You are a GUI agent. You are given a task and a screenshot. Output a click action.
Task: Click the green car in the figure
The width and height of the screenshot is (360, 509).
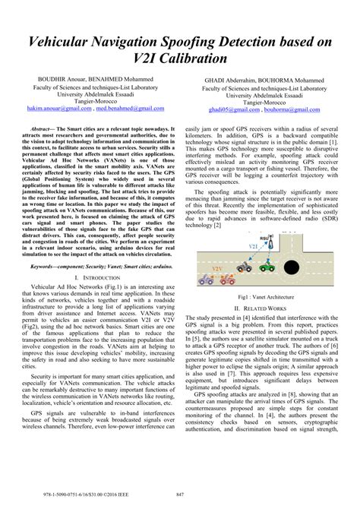267,266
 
